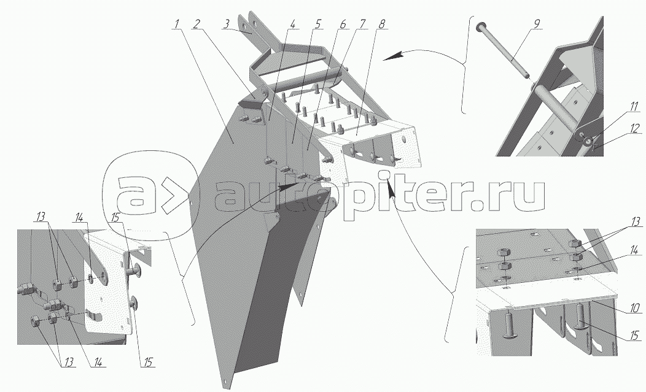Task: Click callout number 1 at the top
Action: coord(176,25)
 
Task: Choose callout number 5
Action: coord(317,25)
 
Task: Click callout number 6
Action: coord(342,25)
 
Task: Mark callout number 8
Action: coord(383,25)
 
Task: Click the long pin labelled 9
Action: coord(504,49)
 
